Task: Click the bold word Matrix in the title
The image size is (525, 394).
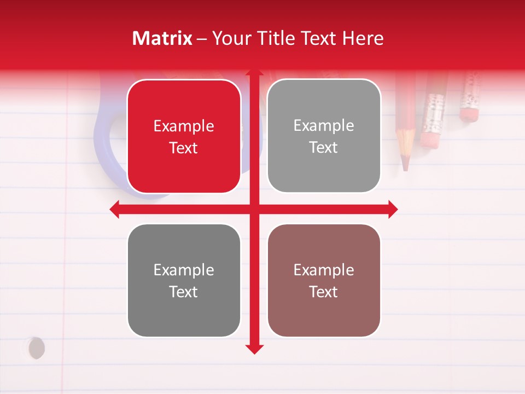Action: click(162, 38)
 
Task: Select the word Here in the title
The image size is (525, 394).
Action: click(363, 38)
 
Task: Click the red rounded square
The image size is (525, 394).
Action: click(184, 137)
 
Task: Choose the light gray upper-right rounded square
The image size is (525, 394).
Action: click(324, 136)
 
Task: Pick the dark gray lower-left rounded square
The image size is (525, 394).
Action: click(184, 281)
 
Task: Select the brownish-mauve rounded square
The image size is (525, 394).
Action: click(324, 281)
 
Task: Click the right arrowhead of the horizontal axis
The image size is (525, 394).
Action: click(393, 209)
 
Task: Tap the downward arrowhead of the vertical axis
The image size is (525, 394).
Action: click(254, 349)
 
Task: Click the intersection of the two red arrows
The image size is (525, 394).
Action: click(254, 209)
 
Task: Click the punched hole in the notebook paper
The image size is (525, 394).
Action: click(36, 347)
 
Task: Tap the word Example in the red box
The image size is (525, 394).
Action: click(184, 126)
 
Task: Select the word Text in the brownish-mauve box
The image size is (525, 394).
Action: click(324, 292)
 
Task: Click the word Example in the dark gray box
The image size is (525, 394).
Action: click(184, 270)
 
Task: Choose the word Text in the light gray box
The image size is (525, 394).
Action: click(324, 147)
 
